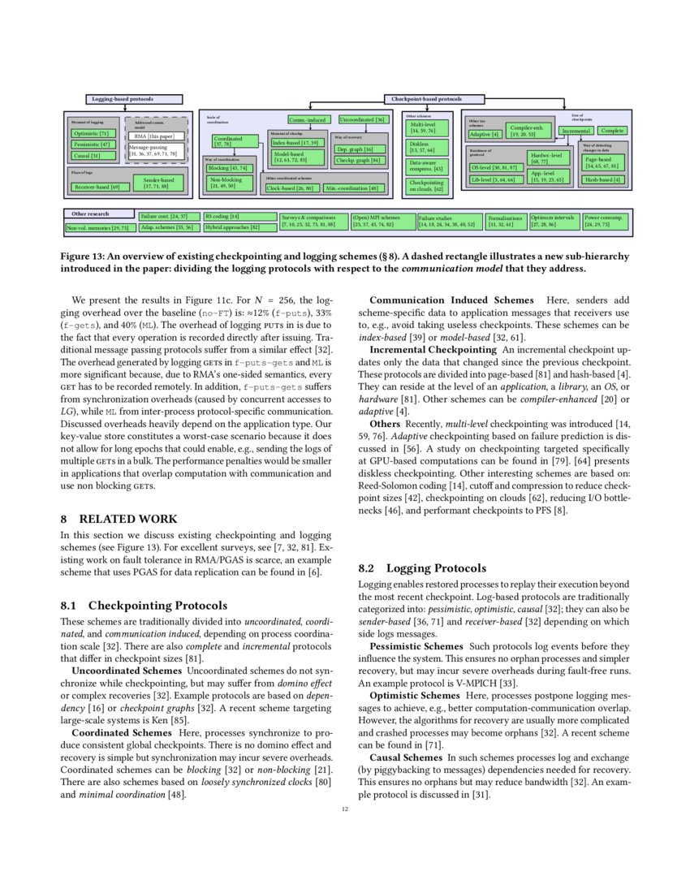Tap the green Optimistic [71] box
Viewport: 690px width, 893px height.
click(92, 133)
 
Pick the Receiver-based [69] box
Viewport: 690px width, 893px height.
click(97, 187)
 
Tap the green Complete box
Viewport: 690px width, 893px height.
click(612, 130)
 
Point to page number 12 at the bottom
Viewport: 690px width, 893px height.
click(344, 809)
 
